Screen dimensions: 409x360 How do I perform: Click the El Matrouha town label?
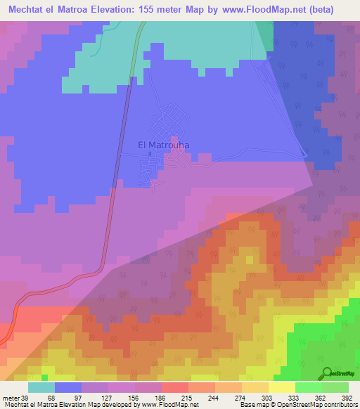tap(164, 145)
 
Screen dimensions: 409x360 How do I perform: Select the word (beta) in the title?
tap(318, 10)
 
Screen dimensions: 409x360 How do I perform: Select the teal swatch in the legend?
tap(41, 387)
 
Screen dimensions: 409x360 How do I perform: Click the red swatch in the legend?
tap(175, 387)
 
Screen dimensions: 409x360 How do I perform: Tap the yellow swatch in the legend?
tap(282, 387)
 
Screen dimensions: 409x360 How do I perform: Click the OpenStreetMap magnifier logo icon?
tap(327, 372)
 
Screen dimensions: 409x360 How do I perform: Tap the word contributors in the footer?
tap(339, 405)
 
